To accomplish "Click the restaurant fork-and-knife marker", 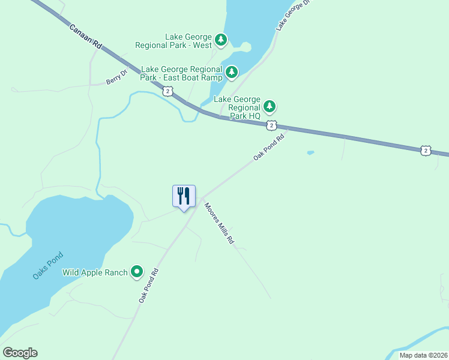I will tap(184, 196).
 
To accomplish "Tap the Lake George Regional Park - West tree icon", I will tap(221, 40).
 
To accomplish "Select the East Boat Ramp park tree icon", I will tap(232, 73).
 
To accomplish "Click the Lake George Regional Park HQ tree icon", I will tap(270, 107).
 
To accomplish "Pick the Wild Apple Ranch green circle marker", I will tap(137, 272).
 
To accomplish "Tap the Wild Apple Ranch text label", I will tap(95, 272).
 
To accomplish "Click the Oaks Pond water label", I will tap(47, 266).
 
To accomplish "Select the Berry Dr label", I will tap(117, 77).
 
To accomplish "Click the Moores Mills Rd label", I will tap(218, 223).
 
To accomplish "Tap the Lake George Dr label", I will tap(295, 14).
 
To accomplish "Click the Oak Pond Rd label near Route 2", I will tap(268, 146).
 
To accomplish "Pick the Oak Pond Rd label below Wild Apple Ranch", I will tap(148, 284).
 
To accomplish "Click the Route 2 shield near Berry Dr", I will tap(167, 91).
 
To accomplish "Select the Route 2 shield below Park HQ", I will tap(271, 125).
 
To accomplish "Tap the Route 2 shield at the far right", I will tap(426, 150).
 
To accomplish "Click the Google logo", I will tap(20, 353).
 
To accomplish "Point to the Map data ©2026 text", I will tap(423, 355).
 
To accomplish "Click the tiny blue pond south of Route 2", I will tap(310, 152).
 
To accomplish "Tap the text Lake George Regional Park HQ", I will tap(238, 107).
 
